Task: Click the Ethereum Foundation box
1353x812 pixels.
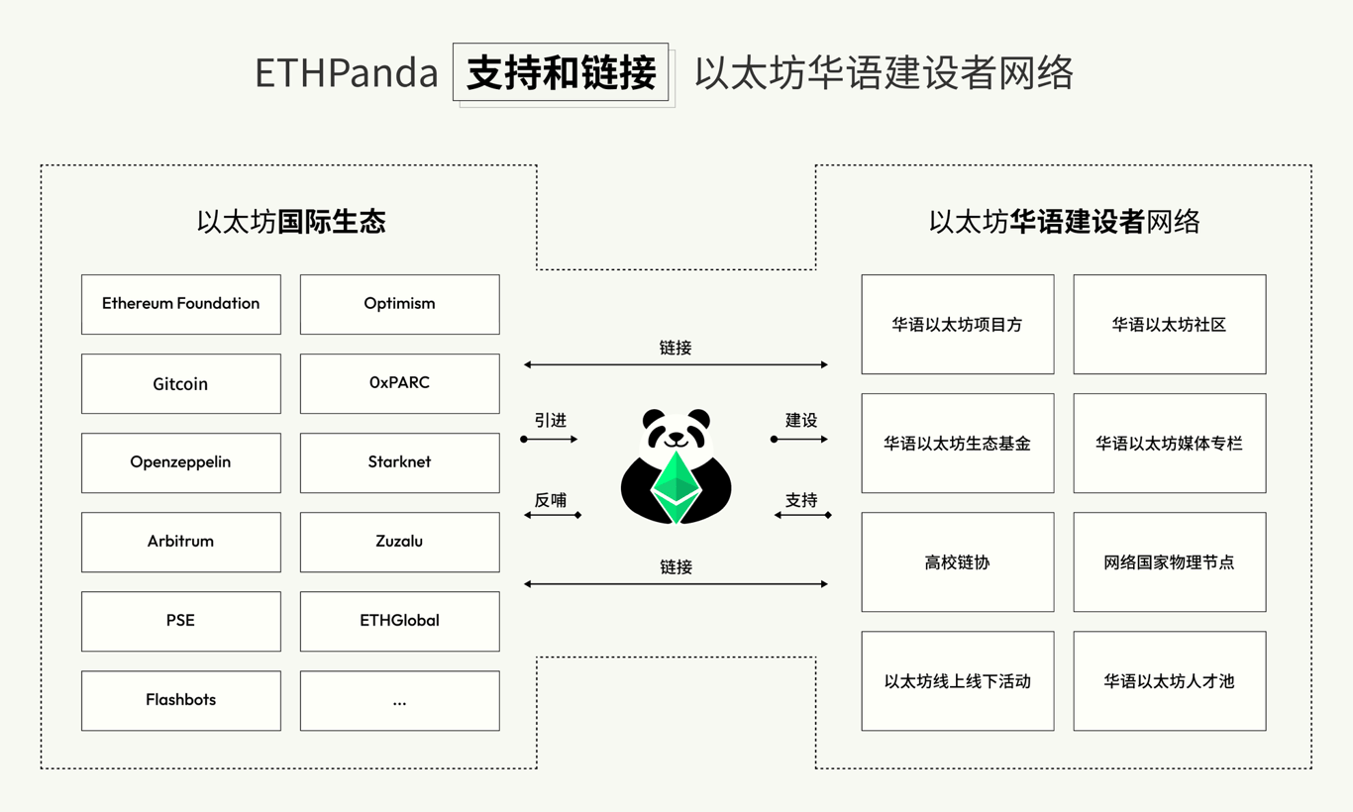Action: [181, 304]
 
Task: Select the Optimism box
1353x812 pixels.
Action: [400, 304]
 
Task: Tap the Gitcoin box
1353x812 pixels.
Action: [181, 383]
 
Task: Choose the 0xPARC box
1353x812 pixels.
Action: [400, 383]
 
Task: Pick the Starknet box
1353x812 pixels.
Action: [400, 462]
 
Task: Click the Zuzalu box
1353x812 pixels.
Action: [400, 542]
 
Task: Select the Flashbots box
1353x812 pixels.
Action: [181, 700]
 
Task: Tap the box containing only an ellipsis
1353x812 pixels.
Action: [400, 700]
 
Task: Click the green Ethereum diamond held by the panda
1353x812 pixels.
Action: [676, 487]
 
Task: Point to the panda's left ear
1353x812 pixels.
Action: [654, 419]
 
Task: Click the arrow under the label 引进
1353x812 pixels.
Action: [549, 439]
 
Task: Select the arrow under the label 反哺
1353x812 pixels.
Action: [553, 515]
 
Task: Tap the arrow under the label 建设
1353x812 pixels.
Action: [799, 439]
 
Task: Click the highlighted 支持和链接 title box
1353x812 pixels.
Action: [561, 72]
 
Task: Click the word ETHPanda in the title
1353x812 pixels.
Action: [347, 73]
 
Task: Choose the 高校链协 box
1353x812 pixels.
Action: [958, 562]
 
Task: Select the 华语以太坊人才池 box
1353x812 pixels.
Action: [1170, 681]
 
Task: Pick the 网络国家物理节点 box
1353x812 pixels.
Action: [1170, 562]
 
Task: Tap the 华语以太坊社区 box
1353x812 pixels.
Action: [1170, 324]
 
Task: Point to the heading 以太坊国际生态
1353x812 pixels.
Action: [291, 222]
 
